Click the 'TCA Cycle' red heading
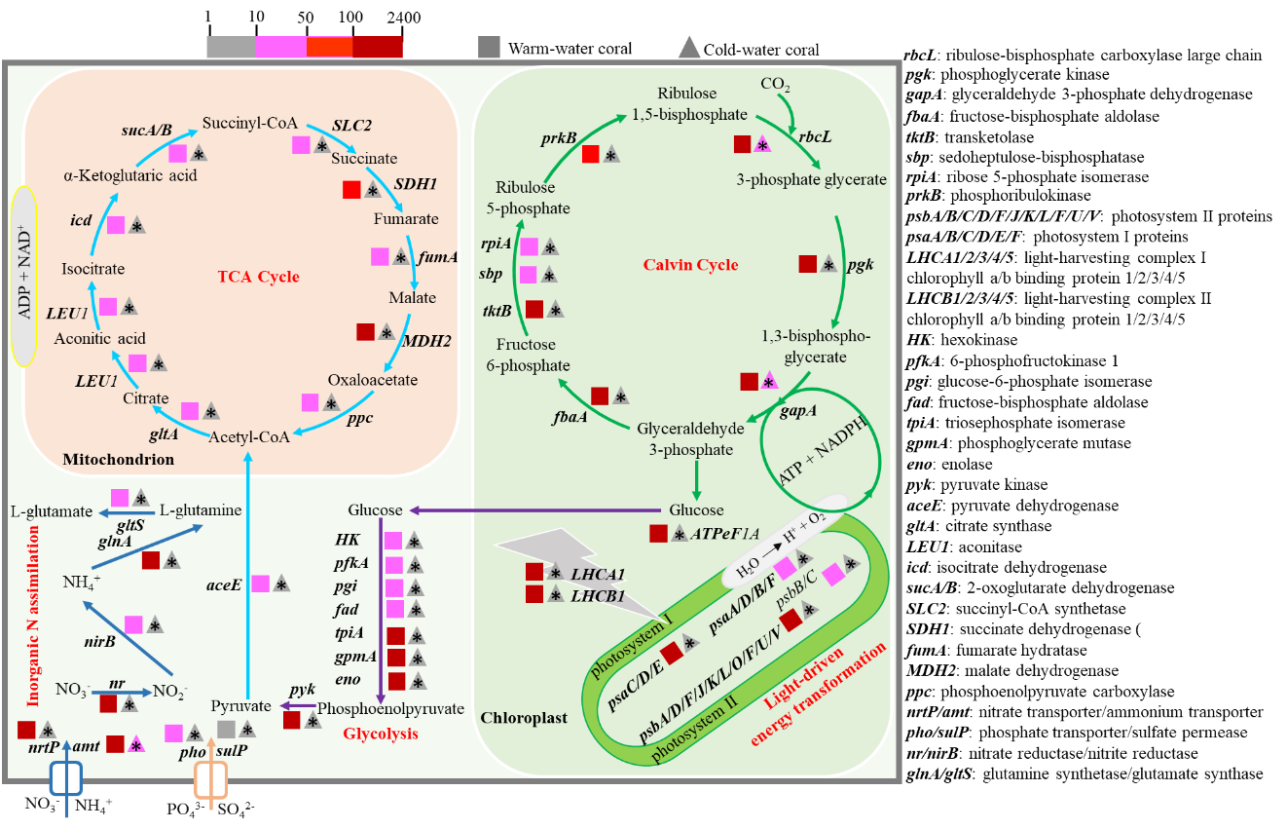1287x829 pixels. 258,278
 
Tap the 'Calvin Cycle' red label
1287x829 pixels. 690,265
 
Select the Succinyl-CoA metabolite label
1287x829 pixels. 249,124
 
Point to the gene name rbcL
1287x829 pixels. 815,137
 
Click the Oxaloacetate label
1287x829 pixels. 372,380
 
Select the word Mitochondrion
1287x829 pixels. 118,459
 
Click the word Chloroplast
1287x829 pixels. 524,718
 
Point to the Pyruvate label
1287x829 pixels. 239,705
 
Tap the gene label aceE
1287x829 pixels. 223,585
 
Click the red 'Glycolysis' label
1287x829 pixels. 380,734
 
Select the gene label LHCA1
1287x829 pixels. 598,575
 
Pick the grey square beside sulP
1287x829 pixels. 227,730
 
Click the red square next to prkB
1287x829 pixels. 590,154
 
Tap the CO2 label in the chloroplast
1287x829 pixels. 775,85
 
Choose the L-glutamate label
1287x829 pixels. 52,511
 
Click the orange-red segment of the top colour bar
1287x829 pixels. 329,47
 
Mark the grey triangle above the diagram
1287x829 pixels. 689,47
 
